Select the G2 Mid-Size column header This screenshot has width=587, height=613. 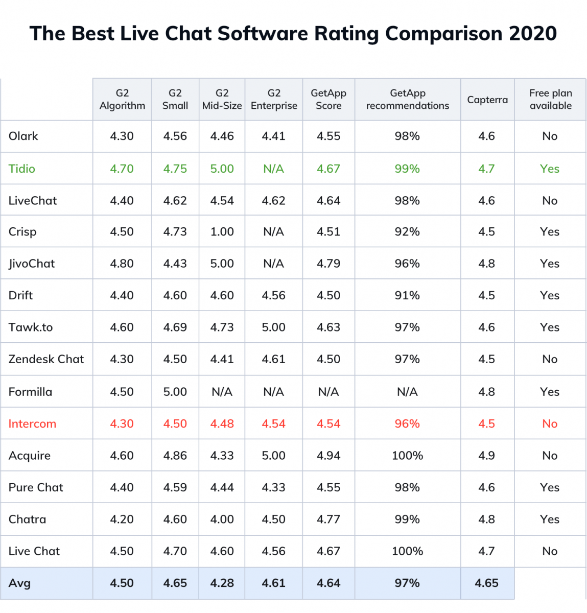222,99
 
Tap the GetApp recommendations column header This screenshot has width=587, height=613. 407,99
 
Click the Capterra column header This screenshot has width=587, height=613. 487,100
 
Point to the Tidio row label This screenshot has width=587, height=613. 22,169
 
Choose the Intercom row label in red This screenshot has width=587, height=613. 32,423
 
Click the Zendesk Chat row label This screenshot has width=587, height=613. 46,359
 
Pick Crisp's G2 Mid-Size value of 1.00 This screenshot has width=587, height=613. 222,231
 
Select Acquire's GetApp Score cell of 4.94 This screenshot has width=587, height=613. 328,455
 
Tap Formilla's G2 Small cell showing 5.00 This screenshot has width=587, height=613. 175,391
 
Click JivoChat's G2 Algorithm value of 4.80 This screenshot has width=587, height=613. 122,264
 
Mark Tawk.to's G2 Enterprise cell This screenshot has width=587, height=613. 273,327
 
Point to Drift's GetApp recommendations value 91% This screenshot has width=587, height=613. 407,295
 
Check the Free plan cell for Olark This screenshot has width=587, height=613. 550,136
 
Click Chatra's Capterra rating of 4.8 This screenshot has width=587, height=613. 486,519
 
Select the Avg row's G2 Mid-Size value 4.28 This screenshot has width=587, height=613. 222,583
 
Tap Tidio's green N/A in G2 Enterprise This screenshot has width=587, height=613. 273,169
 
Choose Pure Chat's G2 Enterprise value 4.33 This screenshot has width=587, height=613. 273,487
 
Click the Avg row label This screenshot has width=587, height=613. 19,583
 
